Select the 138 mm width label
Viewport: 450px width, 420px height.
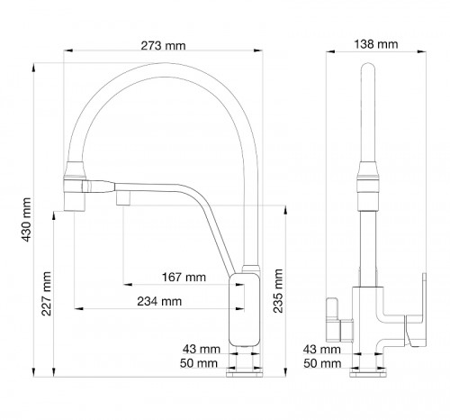[x=376, y=43]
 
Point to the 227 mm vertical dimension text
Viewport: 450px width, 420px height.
[x=47, y=292]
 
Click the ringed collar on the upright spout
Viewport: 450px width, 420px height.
[x=367, y=178]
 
